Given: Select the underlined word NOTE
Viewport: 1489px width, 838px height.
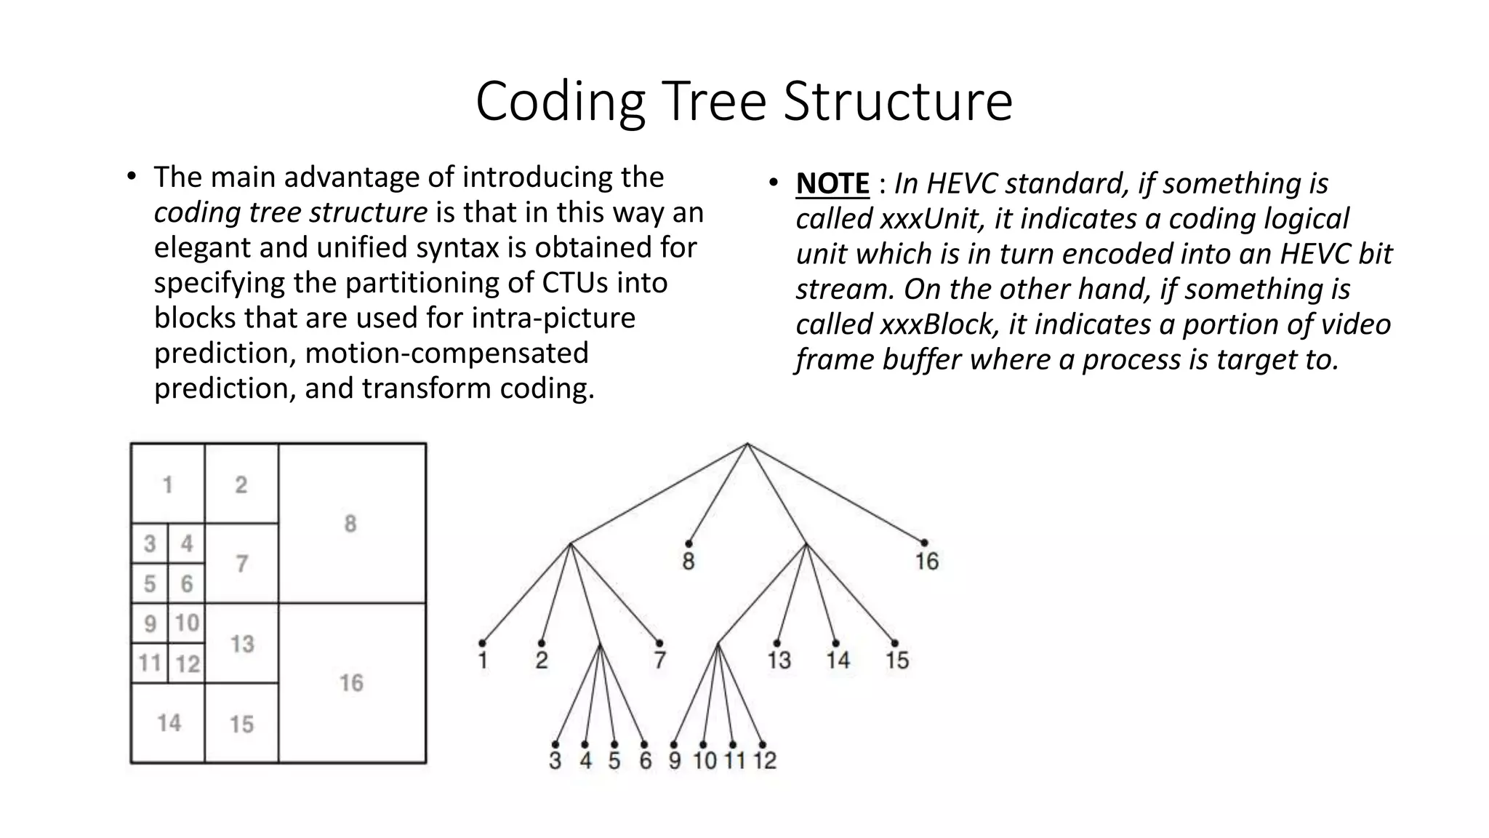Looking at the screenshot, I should [832, 183].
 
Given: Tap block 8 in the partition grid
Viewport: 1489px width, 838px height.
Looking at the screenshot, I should [351, 524].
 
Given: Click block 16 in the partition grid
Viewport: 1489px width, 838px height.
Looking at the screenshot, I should [351, 683].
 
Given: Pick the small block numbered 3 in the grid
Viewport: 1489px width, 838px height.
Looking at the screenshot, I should [150, 543].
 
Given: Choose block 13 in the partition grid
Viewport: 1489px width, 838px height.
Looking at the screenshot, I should [242, 644].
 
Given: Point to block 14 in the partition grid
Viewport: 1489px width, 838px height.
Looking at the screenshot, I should [169, 723].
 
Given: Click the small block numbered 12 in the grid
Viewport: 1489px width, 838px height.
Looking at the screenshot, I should [188, 663].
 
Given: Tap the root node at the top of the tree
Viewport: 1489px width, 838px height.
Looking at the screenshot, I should [747, 444].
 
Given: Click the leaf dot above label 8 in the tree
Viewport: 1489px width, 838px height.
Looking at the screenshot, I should [688, 543].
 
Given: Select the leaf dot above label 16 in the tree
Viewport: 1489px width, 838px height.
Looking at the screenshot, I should [924, 543].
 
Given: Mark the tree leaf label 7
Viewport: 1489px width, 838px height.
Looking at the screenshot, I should [659, 661].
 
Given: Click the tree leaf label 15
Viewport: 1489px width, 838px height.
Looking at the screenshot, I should [896, 661].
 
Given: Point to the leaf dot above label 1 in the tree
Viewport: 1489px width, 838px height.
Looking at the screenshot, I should [482, 643].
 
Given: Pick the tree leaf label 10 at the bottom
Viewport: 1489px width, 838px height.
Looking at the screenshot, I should [705, 761].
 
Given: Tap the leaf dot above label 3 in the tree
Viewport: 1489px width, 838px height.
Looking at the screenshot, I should [555, 744].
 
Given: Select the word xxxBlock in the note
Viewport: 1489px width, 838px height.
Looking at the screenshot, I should [936, 324].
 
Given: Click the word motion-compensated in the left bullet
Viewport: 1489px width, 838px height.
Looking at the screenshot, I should [446, 353].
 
